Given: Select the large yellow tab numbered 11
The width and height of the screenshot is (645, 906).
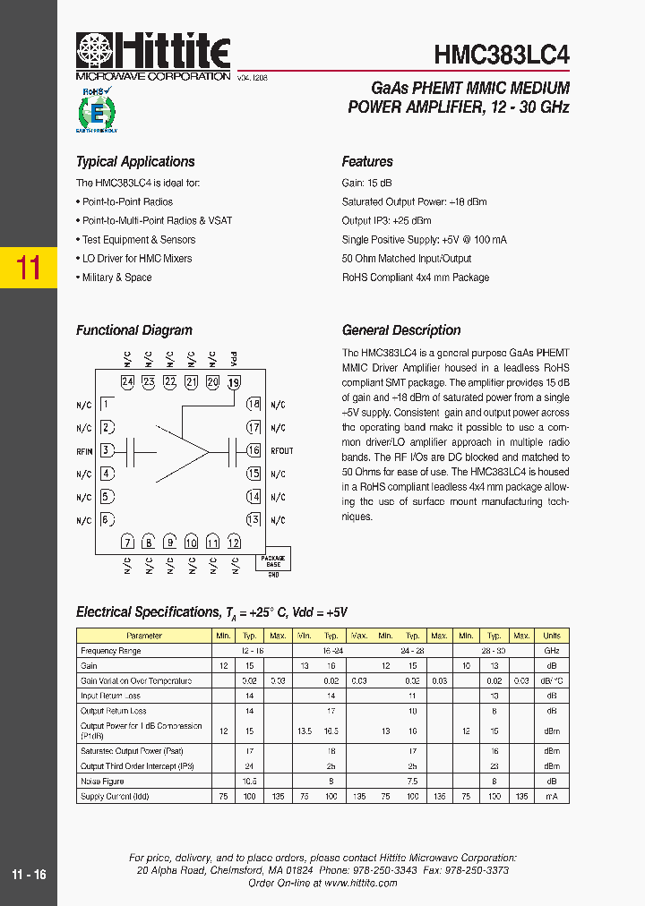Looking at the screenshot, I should (x=29, y=267).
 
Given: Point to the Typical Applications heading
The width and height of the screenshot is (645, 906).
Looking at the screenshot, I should (x=135, y=162).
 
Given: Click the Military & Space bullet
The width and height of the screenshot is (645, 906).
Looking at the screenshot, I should (x=116, y=278).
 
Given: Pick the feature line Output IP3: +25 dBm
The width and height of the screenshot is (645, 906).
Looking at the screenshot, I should (x=386, y=221).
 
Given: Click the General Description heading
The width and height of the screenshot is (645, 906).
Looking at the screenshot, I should (x=401, y=330).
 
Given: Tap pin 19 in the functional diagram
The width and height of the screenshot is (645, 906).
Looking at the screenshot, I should (x=234, y=382).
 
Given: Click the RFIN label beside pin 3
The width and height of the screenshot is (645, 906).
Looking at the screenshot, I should (x=84, y=451).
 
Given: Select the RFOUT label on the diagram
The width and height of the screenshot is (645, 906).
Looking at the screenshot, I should (x=281, y=451).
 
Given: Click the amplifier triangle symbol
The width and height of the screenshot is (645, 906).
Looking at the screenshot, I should (x=184, y=450).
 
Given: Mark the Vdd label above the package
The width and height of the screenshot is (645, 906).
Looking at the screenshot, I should (x=234, y=359).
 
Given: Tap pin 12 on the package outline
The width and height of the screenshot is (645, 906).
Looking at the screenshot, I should (x=234, y=543).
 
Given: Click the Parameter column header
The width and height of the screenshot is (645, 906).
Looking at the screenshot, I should (x=144, y=636).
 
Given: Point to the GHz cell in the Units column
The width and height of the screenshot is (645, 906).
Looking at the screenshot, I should (x=552, y=651).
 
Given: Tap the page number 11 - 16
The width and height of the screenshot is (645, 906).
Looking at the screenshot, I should (x=29, y=875).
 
